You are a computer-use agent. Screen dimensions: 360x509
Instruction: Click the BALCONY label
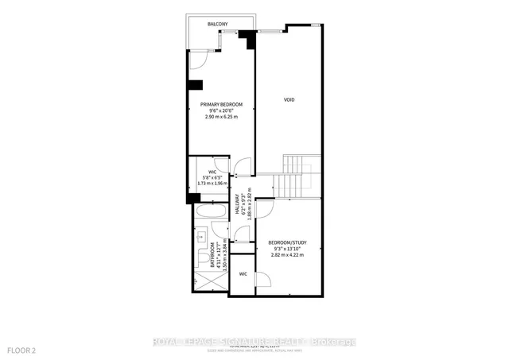point(219,25)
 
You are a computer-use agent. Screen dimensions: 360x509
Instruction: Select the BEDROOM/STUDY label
point(287,242)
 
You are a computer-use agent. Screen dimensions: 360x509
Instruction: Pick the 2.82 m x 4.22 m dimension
point(287,255)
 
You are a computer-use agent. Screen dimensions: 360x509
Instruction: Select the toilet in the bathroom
point(200,256)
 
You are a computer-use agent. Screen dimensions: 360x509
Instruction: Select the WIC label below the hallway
point(243,273)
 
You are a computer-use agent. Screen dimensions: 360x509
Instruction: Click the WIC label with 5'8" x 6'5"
point(213,171)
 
